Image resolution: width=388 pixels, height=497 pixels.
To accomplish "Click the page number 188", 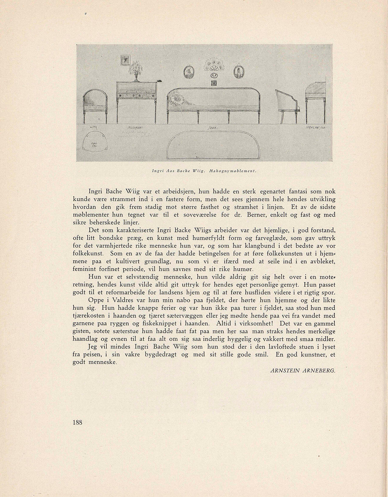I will coord(77,422).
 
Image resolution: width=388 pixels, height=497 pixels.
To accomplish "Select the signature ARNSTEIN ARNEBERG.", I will coord(303,370).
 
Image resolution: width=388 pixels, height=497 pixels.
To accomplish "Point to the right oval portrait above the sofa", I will coord(238,72).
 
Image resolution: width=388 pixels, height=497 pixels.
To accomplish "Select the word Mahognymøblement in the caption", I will coord(233,171).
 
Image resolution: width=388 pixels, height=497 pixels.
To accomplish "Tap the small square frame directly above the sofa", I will coord(214,83).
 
